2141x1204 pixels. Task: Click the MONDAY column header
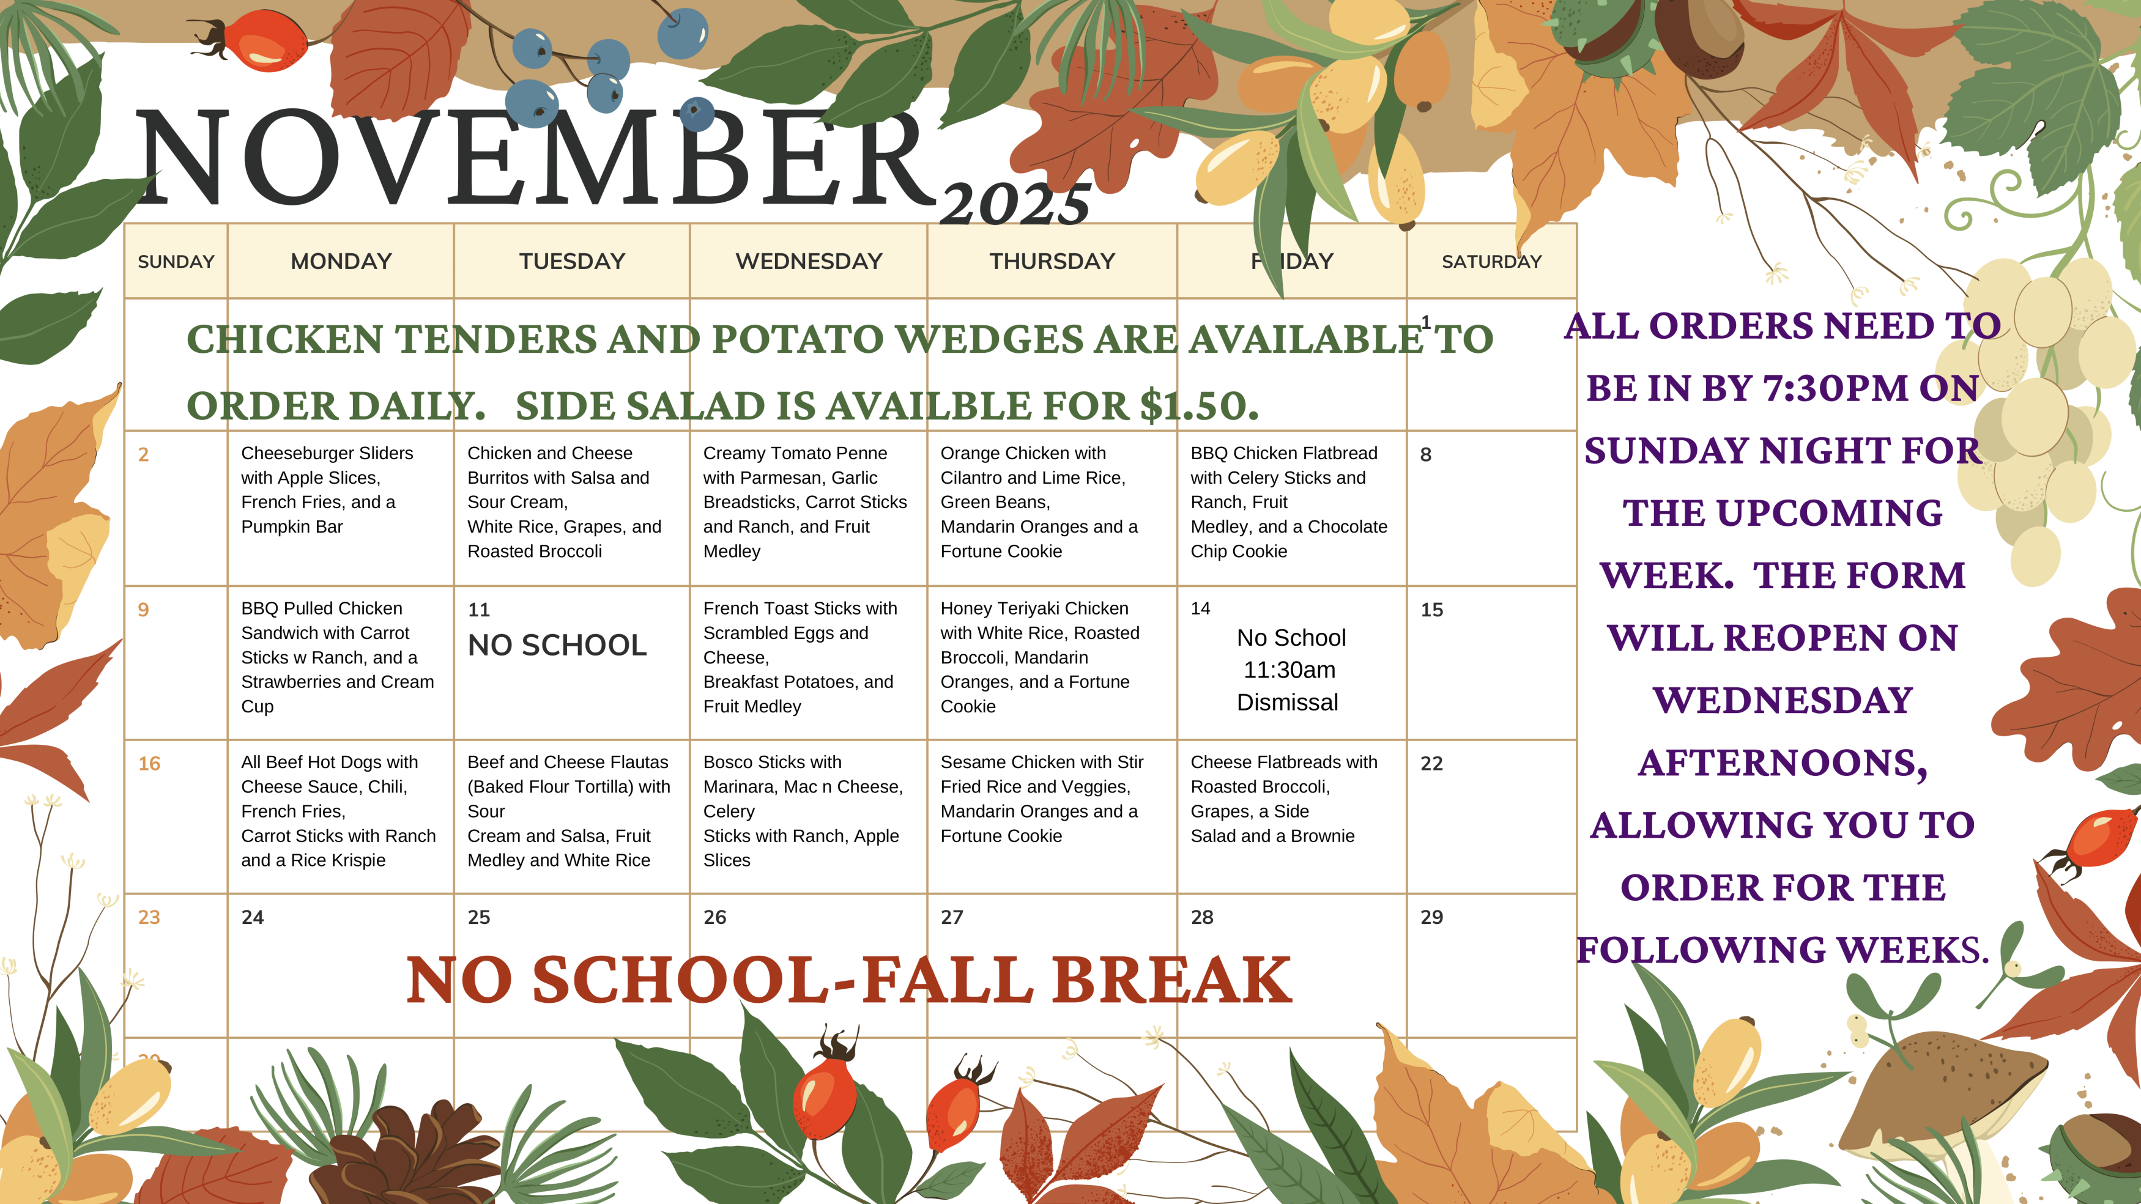coord(341,261)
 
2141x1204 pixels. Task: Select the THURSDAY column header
coord(1052,261)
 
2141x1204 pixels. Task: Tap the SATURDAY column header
coord(1491,262)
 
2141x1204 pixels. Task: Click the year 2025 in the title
coord(1015,204)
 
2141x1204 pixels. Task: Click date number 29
coord(1431,917)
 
